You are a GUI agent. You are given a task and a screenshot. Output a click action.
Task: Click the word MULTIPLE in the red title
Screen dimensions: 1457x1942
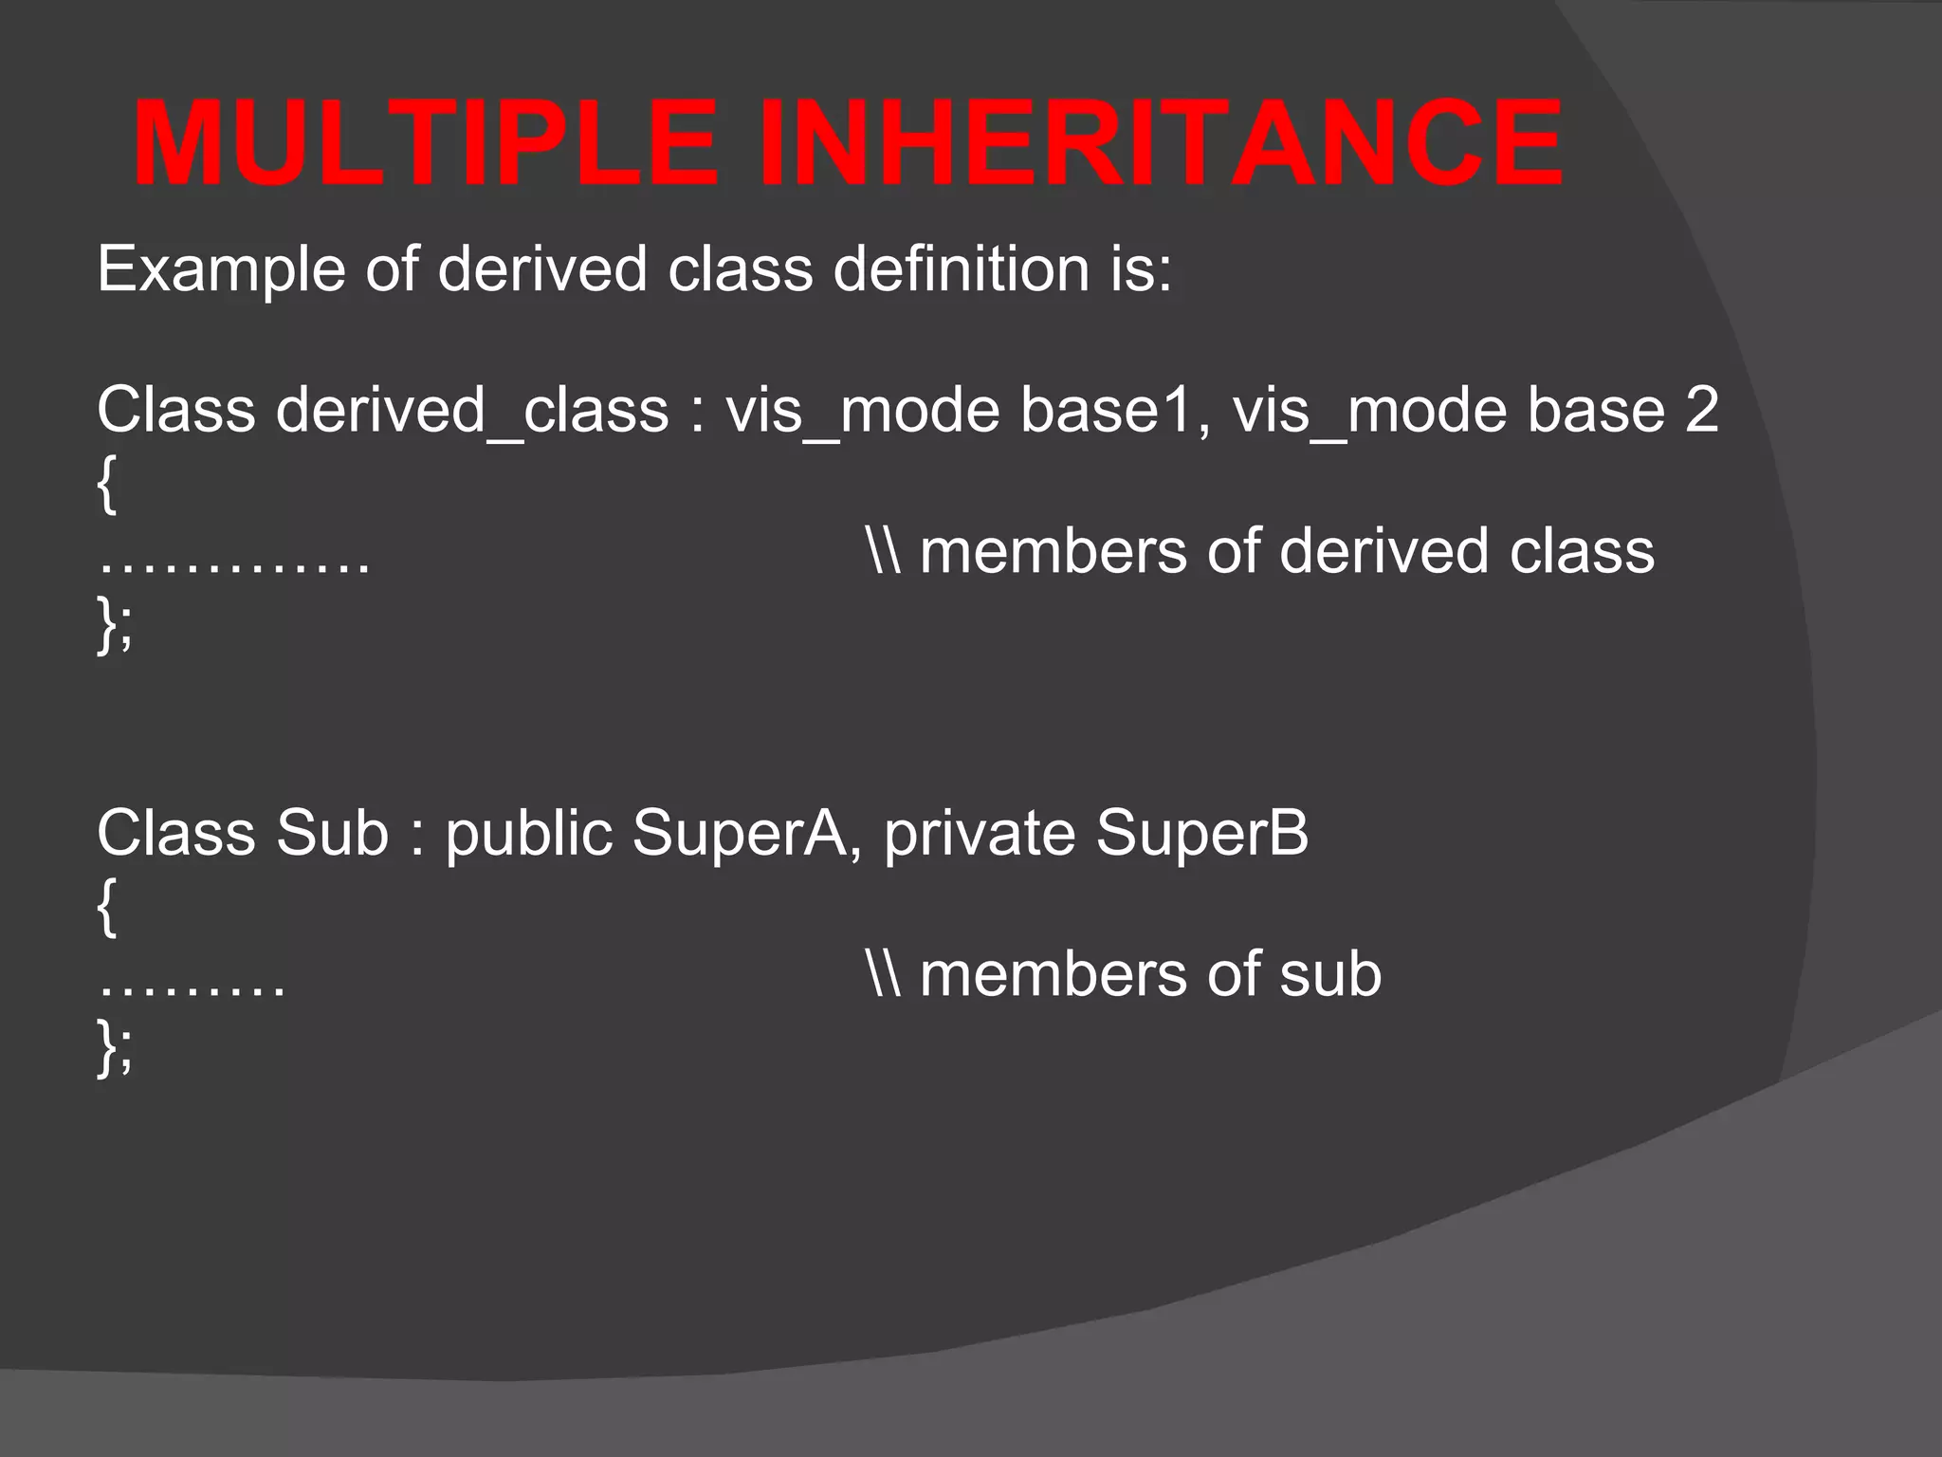coord(425,144)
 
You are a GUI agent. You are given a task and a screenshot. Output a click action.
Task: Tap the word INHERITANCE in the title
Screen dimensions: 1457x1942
coord(1161,144)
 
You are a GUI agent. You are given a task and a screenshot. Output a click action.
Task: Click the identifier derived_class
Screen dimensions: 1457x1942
coord(472,411)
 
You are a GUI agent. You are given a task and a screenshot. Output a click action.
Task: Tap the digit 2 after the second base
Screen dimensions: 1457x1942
coord(1701,411)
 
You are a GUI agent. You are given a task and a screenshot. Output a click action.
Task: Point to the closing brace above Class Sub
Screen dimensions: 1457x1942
coord(107,624)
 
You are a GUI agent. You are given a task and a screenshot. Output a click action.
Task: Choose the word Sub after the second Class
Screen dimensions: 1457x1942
coord(332,834)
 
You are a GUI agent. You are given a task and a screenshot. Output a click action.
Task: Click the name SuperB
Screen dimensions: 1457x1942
coord(1201,834)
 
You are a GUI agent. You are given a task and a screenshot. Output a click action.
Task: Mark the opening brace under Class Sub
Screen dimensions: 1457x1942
coord(107,907)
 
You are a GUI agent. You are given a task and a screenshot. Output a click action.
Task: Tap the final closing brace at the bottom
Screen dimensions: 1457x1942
coord(107,1047)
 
